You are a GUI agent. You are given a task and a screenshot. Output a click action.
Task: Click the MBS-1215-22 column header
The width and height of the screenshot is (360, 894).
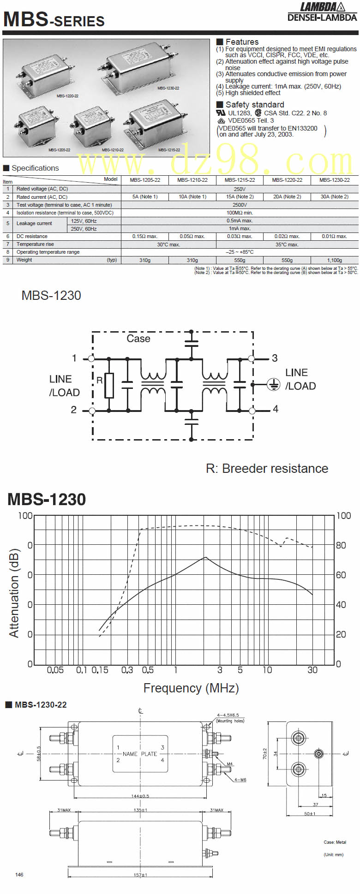(240, 180)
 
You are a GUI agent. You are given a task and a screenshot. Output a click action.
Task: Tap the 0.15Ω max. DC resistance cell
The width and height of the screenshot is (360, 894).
(145, 236)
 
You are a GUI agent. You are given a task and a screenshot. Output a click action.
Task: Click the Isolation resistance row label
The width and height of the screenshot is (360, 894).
(65, 213)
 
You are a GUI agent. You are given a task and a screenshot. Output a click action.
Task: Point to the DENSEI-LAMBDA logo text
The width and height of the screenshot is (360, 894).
(322, 18)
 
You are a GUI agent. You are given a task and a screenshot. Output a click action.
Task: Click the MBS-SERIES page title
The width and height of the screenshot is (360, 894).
(54, 19)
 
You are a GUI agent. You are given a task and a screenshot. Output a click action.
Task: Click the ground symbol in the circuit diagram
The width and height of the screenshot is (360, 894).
(274, 384)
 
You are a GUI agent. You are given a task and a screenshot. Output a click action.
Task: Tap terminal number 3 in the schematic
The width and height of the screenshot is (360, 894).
(275, 358)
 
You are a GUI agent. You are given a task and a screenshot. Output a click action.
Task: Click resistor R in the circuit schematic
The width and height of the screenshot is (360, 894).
(109, 385)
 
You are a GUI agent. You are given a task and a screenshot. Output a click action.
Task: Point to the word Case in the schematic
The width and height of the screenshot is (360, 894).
(138, 339)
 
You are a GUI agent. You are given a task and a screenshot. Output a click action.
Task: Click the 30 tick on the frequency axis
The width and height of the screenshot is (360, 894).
(312, 670)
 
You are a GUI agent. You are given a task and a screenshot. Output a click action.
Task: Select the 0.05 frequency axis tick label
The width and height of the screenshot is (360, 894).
(55, 670)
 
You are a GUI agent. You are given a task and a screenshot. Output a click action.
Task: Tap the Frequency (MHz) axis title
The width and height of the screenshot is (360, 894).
(191, 688)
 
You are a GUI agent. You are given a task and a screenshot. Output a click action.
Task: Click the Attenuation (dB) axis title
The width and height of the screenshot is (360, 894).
(14, 593)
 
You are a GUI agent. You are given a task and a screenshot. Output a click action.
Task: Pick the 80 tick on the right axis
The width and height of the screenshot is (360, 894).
(341, 545)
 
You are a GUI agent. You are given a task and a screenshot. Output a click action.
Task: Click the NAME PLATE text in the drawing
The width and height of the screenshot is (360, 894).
(140, 754)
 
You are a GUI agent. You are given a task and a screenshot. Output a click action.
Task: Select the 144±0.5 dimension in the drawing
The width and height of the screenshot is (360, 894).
(140, 796)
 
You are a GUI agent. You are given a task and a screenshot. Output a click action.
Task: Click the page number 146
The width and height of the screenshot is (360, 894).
(19, 875)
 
